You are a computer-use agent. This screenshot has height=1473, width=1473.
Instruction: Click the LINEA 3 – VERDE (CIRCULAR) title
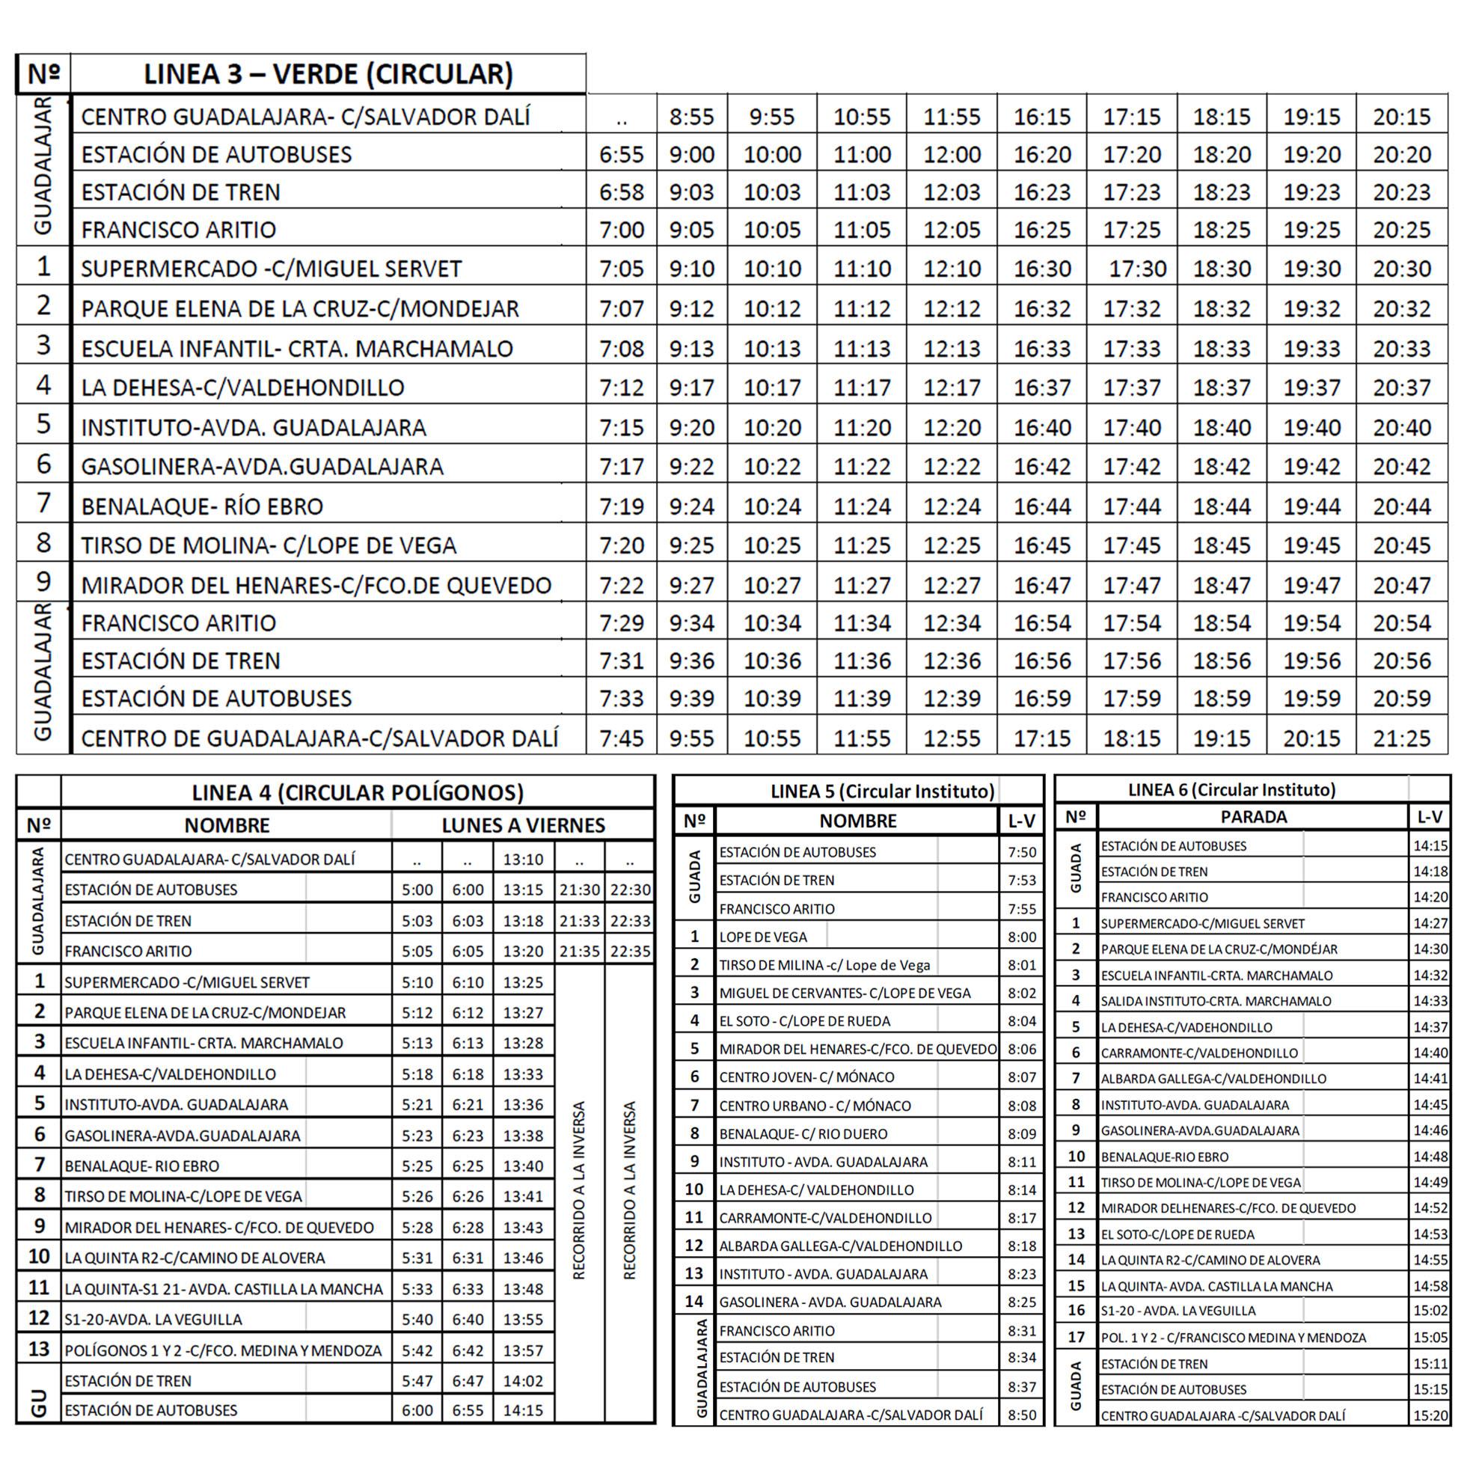coord(328,74)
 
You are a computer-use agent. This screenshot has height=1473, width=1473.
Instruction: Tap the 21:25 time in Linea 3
coord(1401,738)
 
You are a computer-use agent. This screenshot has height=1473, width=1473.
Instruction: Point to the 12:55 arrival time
coord(952,738)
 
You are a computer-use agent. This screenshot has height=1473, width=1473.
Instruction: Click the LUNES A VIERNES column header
coord(523,825)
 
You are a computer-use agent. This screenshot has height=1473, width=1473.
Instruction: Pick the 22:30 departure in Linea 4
coord(630,889)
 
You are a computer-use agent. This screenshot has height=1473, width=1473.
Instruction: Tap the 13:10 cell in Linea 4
coord(523,860)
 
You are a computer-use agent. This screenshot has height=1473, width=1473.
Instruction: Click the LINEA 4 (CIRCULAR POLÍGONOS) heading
coord(358,792)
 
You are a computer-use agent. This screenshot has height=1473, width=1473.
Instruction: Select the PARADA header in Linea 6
coord(1252,817)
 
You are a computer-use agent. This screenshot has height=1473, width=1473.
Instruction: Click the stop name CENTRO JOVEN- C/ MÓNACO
coord(806,1077)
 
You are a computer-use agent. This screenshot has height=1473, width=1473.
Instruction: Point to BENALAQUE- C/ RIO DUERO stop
coord(803,1133)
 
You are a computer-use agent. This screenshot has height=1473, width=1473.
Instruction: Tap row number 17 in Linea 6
coord(1076,1337)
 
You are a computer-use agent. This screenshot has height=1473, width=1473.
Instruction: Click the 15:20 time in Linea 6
coord(1430,1416)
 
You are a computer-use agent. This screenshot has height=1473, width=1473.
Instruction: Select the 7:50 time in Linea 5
coord(1022,852)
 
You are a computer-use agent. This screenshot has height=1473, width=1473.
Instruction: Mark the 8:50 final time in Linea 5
coord(1022,1415)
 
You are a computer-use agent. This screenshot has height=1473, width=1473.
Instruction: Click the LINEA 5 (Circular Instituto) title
coord(882,791)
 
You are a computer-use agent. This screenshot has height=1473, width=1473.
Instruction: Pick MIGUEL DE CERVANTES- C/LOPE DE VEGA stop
coord(845,993)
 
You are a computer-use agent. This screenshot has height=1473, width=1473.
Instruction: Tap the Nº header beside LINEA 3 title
coord(43,74)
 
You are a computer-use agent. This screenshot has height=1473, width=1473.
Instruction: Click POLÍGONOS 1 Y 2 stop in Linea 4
coord(223,1350)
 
